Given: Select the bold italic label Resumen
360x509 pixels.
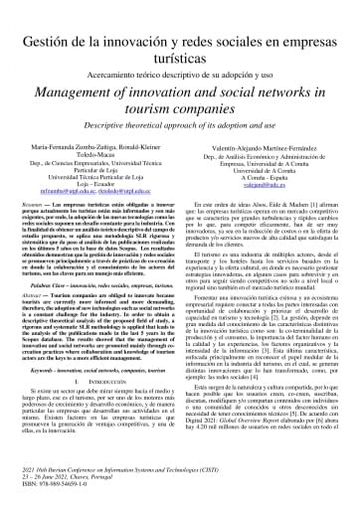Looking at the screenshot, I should coord(37,202).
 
